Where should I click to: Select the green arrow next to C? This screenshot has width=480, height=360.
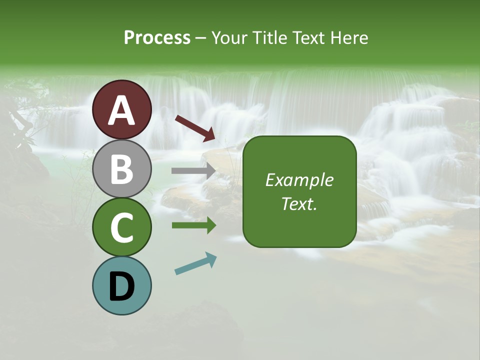[193, 225]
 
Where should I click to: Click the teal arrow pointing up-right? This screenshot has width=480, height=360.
[195, 263]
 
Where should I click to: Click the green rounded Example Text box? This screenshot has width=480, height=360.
[299, 191]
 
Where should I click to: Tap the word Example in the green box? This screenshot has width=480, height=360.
[299, 180]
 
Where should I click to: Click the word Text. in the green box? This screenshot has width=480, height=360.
[299, 203]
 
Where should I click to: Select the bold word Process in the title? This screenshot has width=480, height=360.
[157, 37]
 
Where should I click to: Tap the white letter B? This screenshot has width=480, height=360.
[122, 169]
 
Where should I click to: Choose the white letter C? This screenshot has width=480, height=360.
[122, 227]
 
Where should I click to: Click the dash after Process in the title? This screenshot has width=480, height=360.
[201, 38]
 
